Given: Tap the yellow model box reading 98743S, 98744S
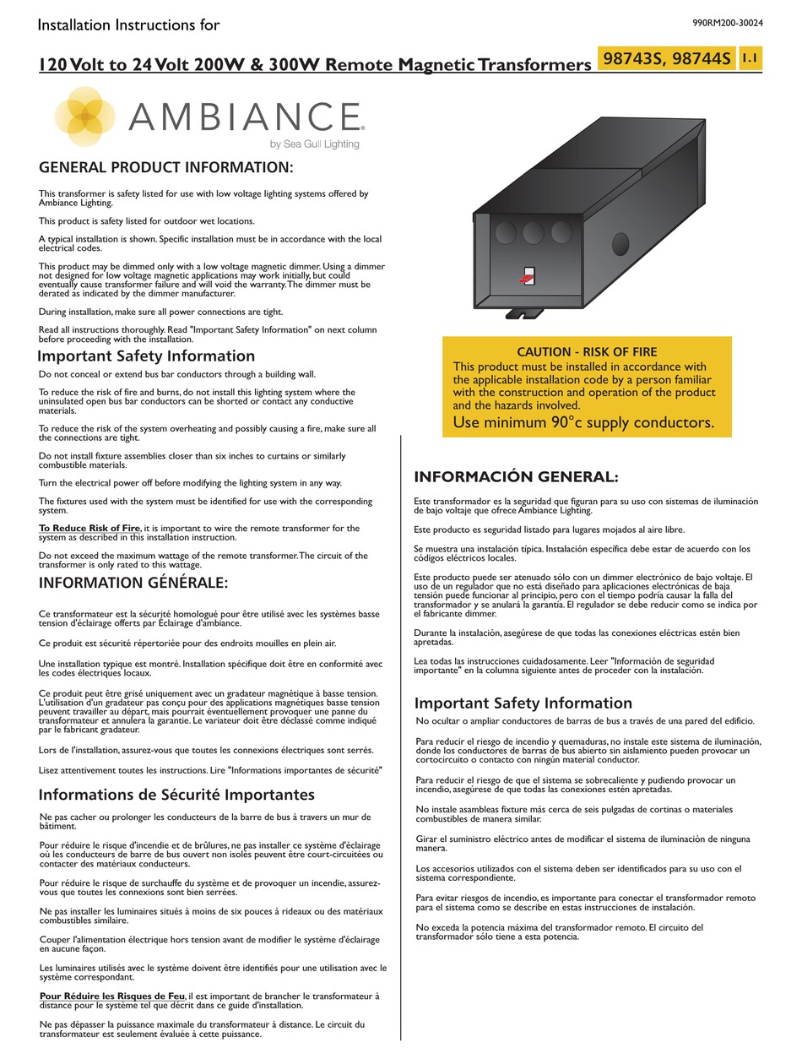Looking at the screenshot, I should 666,59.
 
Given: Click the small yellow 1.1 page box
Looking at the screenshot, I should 750,58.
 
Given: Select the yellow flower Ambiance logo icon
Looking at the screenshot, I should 85,117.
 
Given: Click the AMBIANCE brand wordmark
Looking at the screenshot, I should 246,116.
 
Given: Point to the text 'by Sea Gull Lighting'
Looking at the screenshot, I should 314,144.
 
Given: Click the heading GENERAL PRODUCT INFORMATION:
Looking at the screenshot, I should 166,167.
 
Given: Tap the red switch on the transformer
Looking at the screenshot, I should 527,276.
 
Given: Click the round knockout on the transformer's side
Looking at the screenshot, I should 620,245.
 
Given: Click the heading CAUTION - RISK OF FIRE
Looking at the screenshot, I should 587,351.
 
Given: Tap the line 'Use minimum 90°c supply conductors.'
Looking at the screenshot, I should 583,422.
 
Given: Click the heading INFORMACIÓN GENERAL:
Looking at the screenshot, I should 516,477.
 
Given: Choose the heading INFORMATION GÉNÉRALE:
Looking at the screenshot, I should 133,583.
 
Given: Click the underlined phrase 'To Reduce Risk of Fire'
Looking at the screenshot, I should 89,529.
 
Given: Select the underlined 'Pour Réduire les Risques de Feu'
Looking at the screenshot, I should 112,996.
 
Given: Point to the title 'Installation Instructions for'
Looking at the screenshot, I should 129,24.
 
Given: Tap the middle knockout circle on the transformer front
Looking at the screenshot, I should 534,233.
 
